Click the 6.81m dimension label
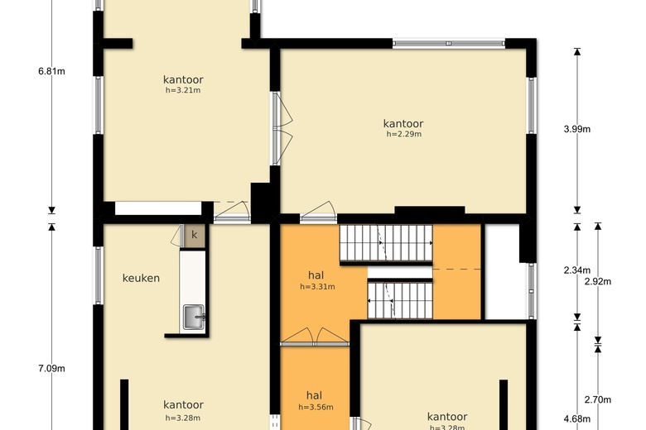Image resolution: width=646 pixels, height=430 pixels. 51,71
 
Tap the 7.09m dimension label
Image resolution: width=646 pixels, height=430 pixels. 51,369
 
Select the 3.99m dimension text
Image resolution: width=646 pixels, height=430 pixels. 577,129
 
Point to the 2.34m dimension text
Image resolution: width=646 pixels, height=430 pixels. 577,270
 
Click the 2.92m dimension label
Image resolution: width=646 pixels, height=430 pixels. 597,282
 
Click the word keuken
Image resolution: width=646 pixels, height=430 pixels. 141,278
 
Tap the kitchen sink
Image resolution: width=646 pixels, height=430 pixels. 193,316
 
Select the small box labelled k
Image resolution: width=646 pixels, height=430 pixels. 195,236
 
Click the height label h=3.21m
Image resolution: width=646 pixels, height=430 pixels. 183,90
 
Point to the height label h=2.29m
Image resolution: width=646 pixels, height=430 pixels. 403,134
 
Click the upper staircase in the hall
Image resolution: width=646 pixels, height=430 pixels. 386,244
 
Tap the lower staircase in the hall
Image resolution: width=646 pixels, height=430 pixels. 400,299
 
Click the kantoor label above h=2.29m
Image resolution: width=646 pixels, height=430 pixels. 403,123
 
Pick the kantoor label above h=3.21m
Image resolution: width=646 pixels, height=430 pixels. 183,79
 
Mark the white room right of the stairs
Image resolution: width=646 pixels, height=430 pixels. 505,273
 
